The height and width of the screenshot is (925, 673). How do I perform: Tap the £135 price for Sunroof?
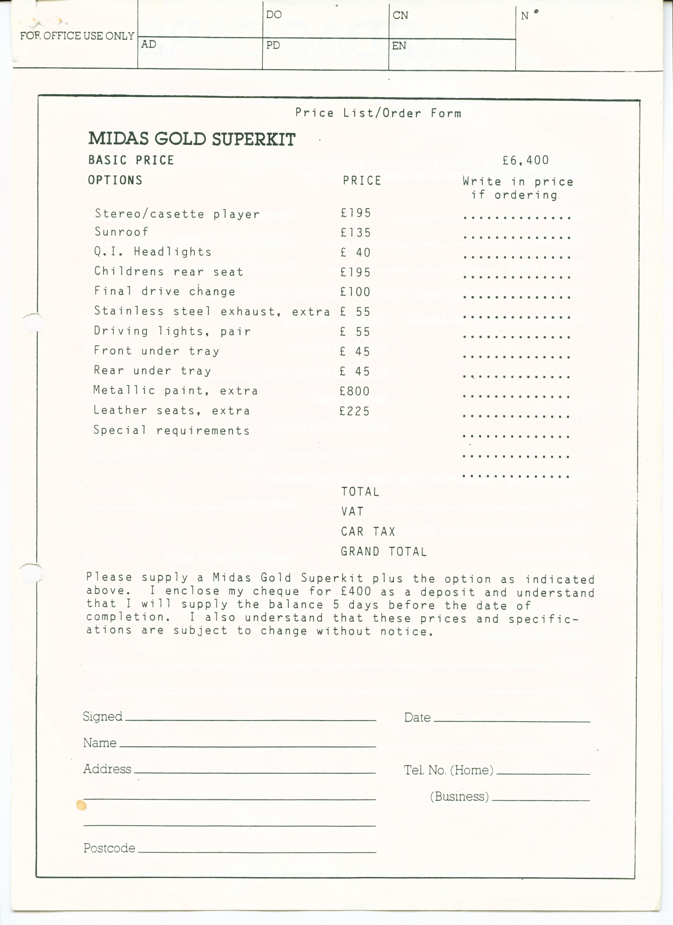click(x=356, y=232)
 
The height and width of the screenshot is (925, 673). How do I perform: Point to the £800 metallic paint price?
click(x=354, y=391)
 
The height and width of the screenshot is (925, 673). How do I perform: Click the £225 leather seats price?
click(x=354, y=411)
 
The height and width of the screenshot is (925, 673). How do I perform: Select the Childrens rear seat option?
click(x=169, y=272)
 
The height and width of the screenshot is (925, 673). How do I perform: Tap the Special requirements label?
click(x=171, y=430)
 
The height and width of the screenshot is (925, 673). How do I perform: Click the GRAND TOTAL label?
click(x=384, y=552)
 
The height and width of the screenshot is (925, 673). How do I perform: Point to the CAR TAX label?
click(x=368, y=532)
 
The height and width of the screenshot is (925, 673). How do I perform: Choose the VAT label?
click(x=352, y=511)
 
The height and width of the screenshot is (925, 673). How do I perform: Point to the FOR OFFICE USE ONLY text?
click(x=77, y=36)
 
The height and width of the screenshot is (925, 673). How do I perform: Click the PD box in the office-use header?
click(x=325, y=53)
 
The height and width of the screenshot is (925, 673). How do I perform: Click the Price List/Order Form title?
click(x=378, y=113)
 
